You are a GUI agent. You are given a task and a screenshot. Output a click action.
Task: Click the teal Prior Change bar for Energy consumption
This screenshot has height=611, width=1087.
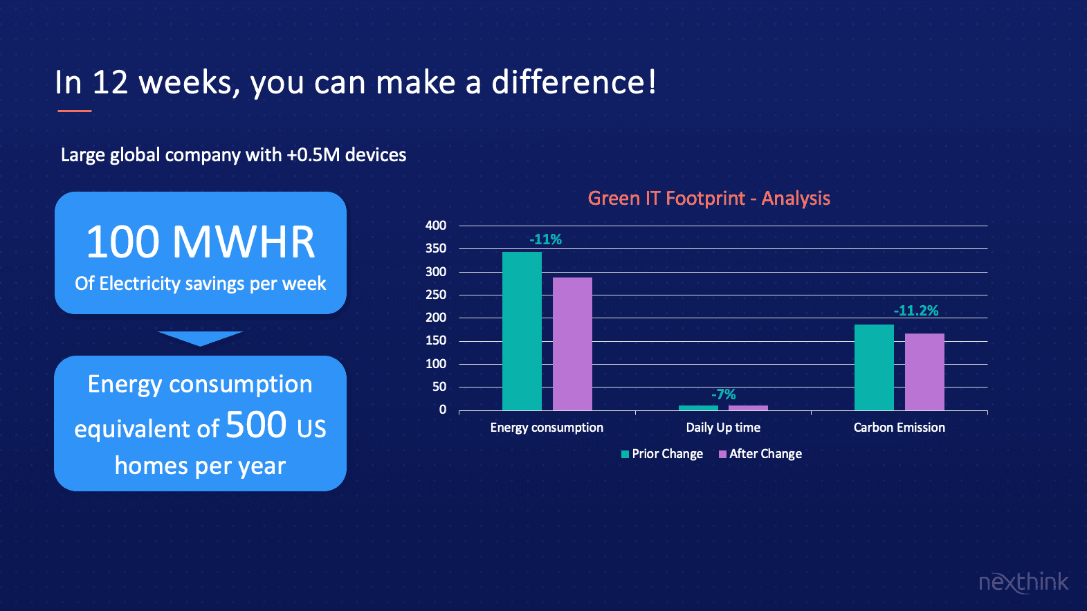522,331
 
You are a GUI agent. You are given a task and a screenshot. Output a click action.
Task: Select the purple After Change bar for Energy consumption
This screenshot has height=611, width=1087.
572,344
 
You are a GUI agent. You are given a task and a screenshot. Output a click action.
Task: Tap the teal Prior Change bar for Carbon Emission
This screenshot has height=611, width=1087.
874,367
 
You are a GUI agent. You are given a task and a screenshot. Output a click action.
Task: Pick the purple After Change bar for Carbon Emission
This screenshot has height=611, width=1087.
924,372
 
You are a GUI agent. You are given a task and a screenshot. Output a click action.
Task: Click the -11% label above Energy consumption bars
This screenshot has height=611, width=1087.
545,239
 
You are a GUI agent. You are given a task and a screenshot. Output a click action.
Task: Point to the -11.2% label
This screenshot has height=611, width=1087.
916,311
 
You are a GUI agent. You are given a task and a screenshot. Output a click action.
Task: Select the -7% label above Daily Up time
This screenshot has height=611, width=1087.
724,394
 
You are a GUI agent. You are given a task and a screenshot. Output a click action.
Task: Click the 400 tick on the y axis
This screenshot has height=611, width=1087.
436,225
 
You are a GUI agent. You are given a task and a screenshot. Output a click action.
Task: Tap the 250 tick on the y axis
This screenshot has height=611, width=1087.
436,295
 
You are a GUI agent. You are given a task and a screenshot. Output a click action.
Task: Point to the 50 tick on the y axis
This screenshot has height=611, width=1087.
439,387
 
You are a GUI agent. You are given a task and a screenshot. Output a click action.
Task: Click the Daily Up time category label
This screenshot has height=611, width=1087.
723,428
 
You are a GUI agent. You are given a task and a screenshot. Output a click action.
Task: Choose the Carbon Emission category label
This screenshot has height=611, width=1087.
899,428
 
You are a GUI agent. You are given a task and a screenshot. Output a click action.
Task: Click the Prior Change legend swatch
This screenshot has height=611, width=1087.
625,454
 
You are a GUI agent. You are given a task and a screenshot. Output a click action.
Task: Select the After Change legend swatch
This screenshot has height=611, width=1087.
722,454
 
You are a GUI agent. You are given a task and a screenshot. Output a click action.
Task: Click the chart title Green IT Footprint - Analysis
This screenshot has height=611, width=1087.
709,199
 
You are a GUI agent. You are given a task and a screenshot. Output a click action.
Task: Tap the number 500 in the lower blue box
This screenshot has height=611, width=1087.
256,424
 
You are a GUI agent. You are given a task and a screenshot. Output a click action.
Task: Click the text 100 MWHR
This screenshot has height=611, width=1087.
201,241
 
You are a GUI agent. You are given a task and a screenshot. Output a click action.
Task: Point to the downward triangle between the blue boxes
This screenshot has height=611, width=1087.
200,338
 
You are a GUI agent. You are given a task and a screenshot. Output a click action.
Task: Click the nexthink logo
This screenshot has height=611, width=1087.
1023,582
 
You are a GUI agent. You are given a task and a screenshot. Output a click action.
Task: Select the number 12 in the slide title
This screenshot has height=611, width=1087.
110,82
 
